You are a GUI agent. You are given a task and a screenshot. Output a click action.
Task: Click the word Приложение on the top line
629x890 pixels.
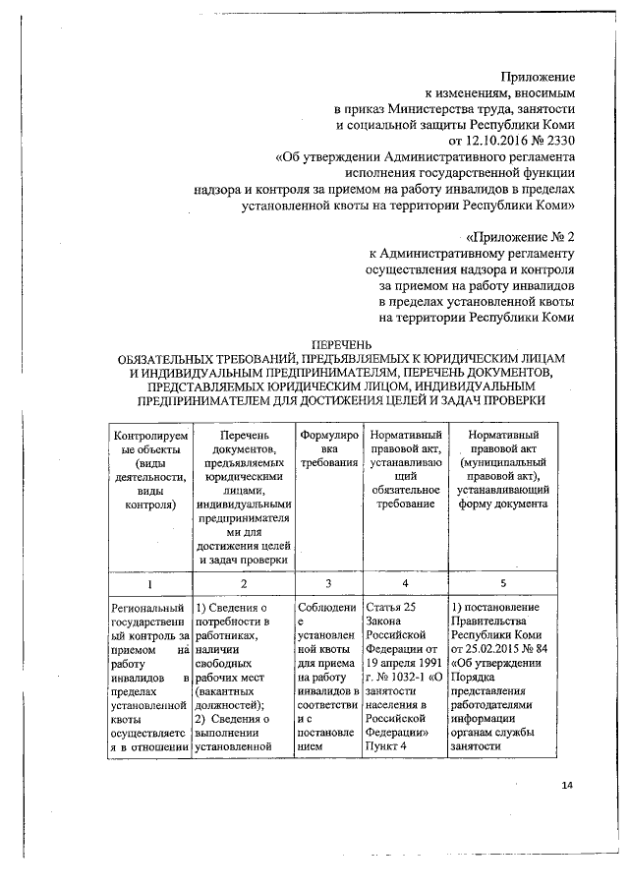click(538, 76)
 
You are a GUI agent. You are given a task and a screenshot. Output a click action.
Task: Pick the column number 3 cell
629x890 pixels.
click(326, 583)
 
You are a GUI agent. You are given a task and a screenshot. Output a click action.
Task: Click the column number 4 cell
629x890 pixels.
click(404, 583)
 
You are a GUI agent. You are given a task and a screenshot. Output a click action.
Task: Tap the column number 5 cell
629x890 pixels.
click(502, 583)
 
